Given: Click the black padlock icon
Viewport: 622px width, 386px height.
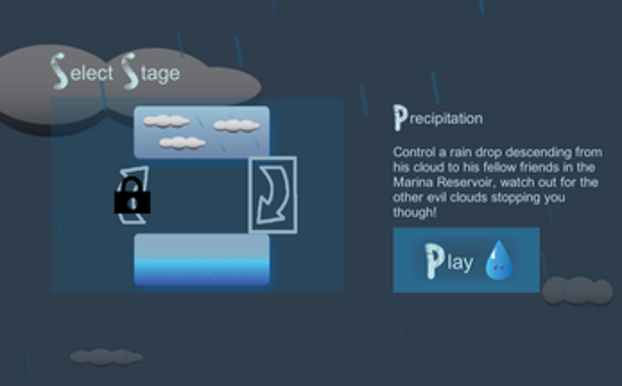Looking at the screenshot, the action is click(x=133, y=196).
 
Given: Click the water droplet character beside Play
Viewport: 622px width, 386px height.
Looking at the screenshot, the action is click(x=499, y=260).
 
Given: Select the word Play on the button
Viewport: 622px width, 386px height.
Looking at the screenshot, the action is click(x=449, y=261).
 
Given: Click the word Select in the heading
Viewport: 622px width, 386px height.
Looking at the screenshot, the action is click(x=82, y=72).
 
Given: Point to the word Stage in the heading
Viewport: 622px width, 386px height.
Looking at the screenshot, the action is click(x=151, y=72).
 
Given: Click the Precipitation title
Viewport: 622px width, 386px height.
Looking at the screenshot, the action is click(x=438, y=118).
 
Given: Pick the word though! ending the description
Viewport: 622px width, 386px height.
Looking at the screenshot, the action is click(x=415, y=213).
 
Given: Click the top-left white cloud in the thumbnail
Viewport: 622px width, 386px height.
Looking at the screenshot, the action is click(x=166, y=121).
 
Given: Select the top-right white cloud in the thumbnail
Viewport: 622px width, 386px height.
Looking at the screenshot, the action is click(x=237, y=126).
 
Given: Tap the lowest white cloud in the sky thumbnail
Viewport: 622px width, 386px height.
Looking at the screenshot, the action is click(x=183, y=143).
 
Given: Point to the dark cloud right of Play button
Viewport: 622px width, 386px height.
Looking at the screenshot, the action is click(x=577, y=291).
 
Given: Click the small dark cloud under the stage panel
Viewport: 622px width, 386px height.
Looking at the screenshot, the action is click(x=107, y=357).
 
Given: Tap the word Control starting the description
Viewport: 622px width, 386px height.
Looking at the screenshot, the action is click(x=414, y=152).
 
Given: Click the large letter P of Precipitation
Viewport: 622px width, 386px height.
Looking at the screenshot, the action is click(x=400, y=118).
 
